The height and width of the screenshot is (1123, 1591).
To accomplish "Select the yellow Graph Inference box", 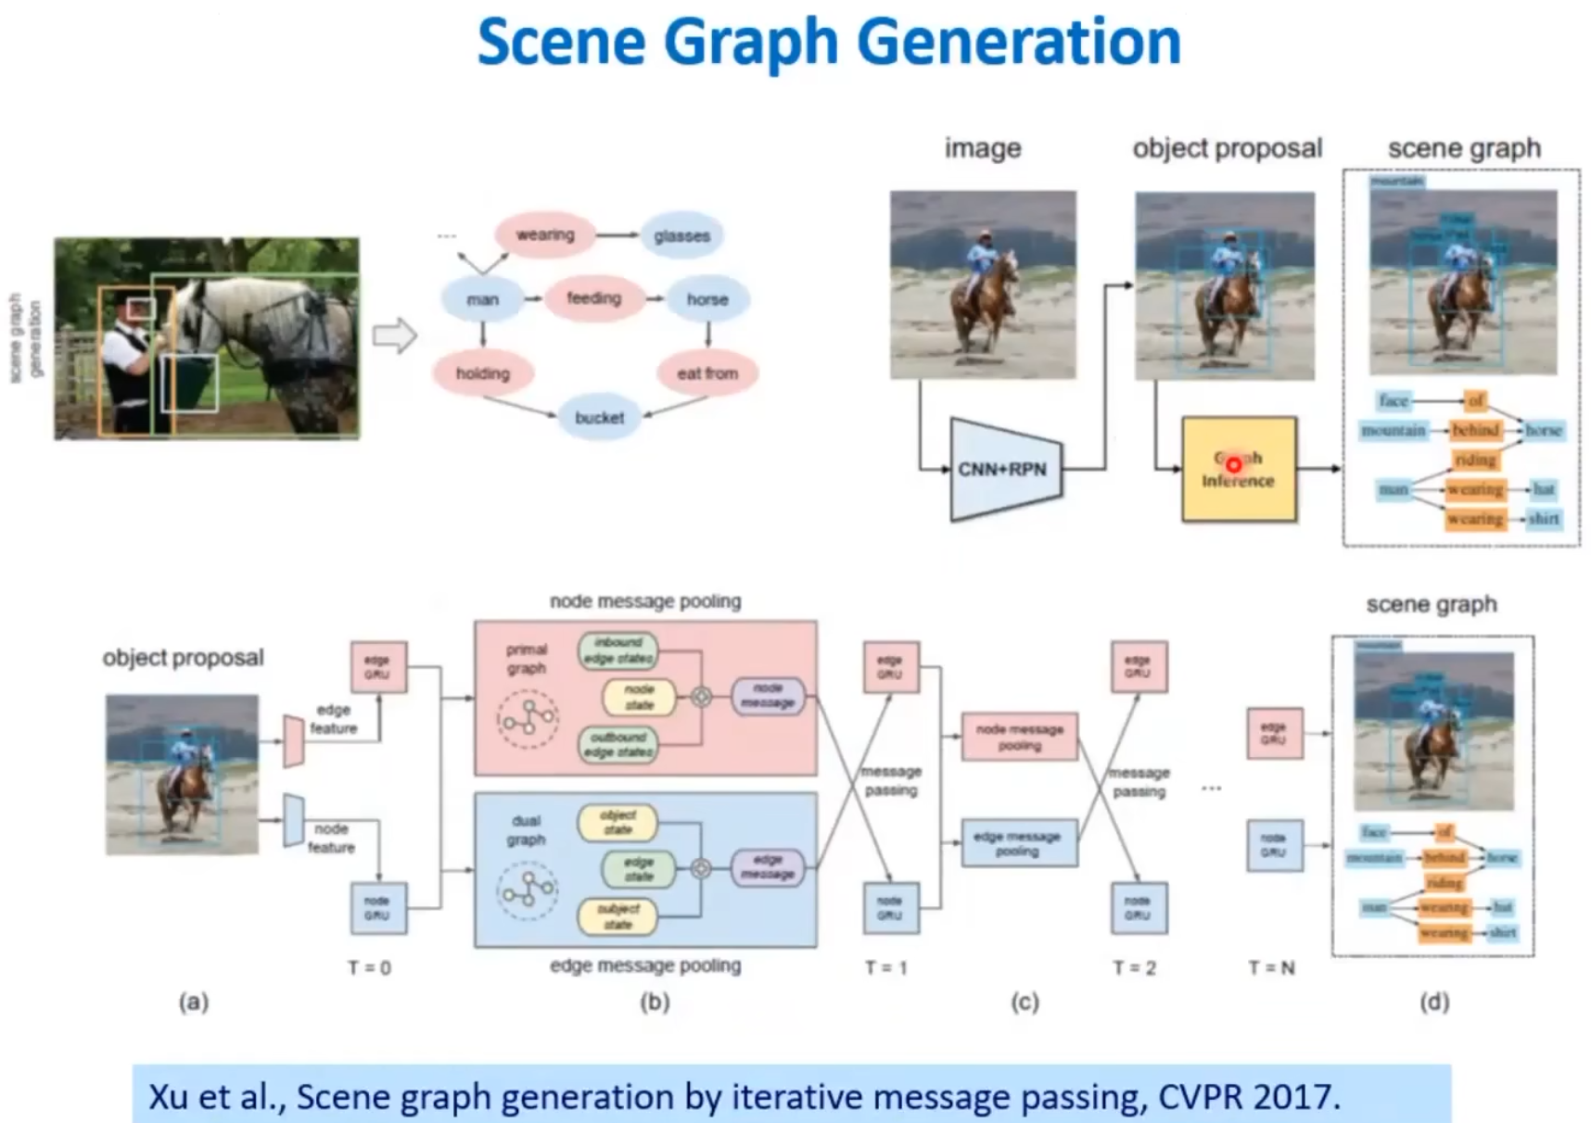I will coord(1239,470).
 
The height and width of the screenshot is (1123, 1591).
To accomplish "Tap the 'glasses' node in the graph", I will coord(681,236).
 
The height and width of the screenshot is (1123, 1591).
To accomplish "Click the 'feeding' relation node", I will coord(593,298).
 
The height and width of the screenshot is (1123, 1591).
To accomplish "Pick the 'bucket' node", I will coord(599,418).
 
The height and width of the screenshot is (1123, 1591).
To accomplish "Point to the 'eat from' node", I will coord(707,373).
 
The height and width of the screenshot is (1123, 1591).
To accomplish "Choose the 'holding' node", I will coord(483,373).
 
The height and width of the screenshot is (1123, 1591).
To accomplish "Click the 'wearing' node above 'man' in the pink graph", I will coord(545,235).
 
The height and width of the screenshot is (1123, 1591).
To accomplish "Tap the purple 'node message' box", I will coord(768,696).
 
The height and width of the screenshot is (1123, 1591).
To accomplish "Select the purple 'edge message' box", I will coord(768,867).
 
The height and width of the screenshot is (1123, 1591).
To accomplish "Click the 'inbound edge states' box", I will coord(618,650).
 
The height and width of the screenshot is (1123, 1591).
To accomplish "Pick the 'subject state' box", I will coord(617,916).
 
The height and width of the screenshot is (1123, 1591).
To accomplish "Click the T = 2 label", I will coord(1135,968).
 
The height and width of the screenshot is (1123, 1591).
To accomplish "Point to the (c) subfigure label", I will coord(1025,1002).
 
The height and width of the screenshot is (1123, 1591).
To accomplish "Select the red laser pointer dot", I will coord(1234,464).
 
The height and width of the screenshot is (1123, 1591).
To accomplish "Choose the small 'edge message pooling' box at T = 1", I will coord(1019,843).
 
